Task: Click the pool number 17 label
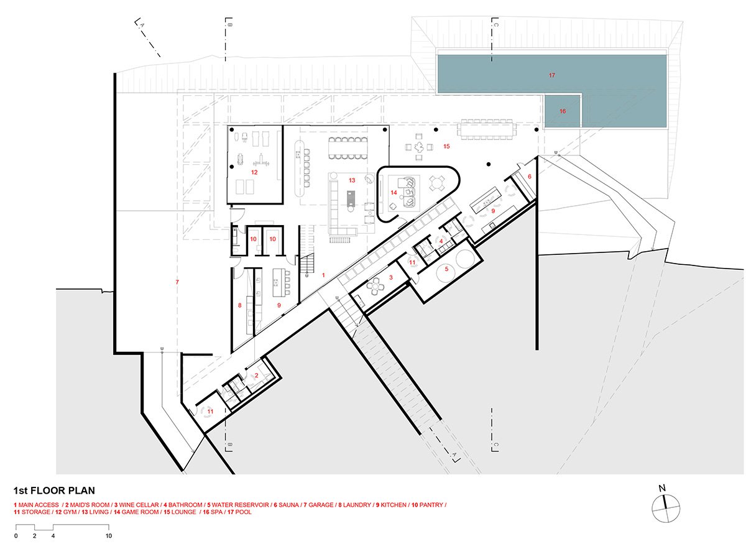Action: [x=552, y=75]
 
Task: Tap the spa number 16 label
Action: [x=563, y=111]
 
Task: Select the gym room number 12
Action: [x=254, y=172]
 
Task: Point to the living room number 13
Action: [x=352, y=180]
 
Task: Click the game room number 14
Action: [x=394, y=193]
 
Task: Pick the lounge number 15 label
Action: [x=446, y=146]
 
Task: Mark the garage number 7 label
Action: [x=177, y=282]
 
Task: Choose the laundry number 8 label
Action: [x=239, y=305]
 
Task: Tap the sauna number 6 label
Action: [x=530, y=177]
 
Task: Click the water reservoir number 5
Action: [x=446, y=269]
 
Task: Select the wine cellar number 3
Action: [x=391, y=277]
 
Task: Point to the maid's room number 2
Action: [x=256, y=376]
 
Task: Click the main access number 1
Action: [x=323, y=275]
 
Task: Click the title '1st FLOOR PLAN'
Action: [x=54, y=491]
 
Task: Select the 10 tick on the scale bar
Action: [x=109, y=536]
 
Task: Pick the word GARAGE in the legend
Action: [x=321, y=505]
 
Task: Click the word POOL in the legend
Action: [x=243, y=512]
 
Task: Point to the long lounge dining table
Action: [x=487, y=129]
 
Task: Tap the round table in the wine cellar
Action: [x=375, y=286]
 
